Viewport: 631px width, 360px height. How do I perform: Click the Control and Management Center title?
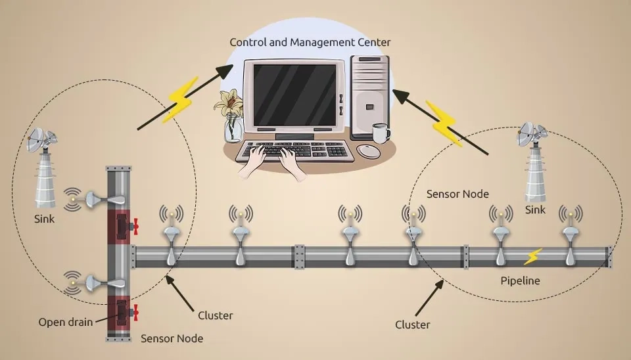(310, 43)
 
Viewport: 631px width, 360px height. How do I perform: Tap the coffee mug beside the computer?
(380, 133)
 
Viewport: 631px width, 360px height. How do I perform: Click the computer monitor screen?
(294, 93)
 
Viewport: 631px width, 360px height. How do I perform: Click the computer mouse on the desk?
(368, 152)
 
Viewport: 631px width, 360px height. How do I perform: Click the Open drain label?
(65, 322)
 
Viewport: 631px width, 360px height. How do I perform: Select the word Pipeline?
(520, 281)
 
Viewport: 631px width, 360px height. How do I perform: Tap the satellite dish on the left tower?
(41, 139)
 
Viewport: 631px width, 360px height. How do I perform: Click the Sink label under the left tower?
(44, 219)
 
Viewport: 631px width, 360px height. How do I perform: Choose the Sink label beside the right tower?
(535, 210)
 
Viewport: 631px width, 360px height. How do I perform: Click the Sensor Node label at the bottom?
(172, 339)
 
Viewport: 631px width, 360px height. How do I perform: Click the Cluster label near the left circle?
(216, 315)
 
